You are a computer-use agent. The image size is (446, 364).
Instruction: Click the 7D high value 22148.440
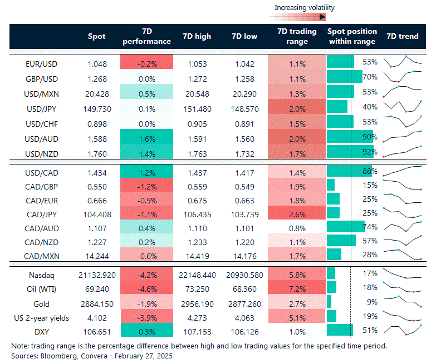(197, 274)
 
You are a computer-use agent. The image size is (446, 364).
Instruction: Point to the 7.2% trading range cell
(297, 289)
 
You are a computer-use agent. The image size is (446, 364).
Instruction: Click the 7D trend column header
(403, 37)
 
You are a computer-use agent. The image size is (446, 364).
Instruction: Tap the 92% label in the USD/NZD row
(370, 151)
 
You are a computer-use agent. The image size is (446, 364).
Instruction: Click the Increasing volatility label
(305, 8)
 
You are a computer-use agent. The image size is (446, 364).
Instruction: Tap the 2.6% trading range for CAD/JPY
(297, 212)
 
